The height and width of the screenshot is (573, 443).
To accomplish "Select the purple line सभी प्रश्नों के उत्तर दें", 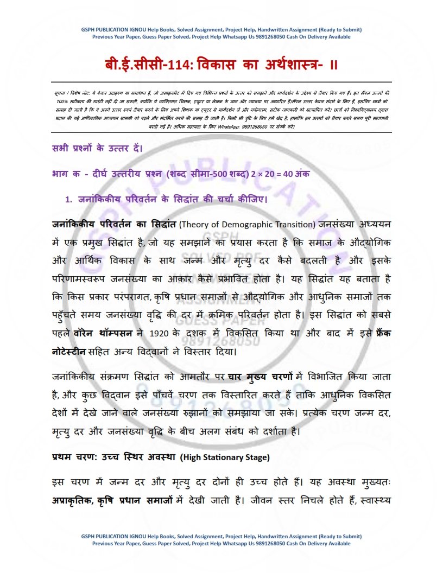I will coord(98,147).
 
